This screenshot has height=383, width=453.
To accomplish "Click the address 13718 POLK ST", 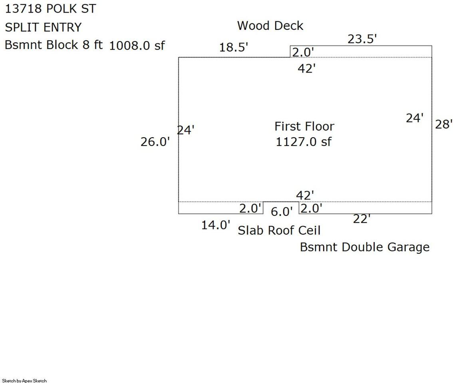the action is tap(51, 9).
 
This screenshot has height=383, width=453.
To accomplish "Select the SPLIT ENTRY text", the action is tap(43, 27).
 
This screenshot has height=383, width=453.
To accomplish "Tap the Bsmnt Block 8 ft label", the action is tap(54, 45).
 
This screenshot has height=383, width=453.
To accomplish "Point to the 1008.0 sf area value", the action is tap(137, 45).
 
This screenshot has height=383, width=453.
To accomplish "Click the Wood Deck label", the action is tap(270, 26).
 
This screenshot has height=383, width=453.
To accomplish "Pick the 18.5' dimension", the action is tap(233, 47).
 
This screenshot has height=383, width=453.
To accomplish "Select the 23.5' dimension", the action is tap(362, 39).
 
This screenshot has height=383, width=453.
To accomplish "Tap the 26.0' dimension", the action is tap(155, 142).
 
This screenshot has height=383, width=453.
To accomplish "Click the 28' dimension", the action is tap(444, 124).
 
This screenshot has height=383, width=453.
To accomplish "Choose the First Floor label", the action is tap(304, 126).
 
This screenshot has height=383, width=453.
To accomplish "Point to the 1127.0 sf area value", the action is tap(304, 142).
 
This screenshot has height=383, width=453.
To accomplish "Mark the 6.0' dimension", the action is tap(282, 211).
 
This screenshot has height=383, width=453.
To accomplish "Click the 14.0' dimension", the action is tap(216, 225).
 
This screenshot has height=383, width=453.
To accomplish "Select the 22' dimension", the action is tap(362, 219).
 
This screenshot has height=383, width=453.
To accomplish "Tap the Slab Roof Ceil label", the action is tap(279, 230).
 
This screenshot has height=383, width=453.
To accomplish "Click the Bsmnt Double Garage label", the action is tap(365, 247).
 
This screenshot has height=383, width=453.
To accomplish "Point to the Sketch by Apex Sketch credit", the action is tap(24, 381).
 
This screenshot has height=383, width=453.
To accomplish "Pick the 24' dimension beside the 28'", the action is tap(415, 118).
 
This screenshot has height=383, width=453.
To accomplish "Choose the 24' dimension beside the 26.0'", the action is tap(185, 130).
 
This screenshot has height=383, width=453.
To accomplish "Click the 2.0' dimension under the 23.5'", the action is tap(303, 52).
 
